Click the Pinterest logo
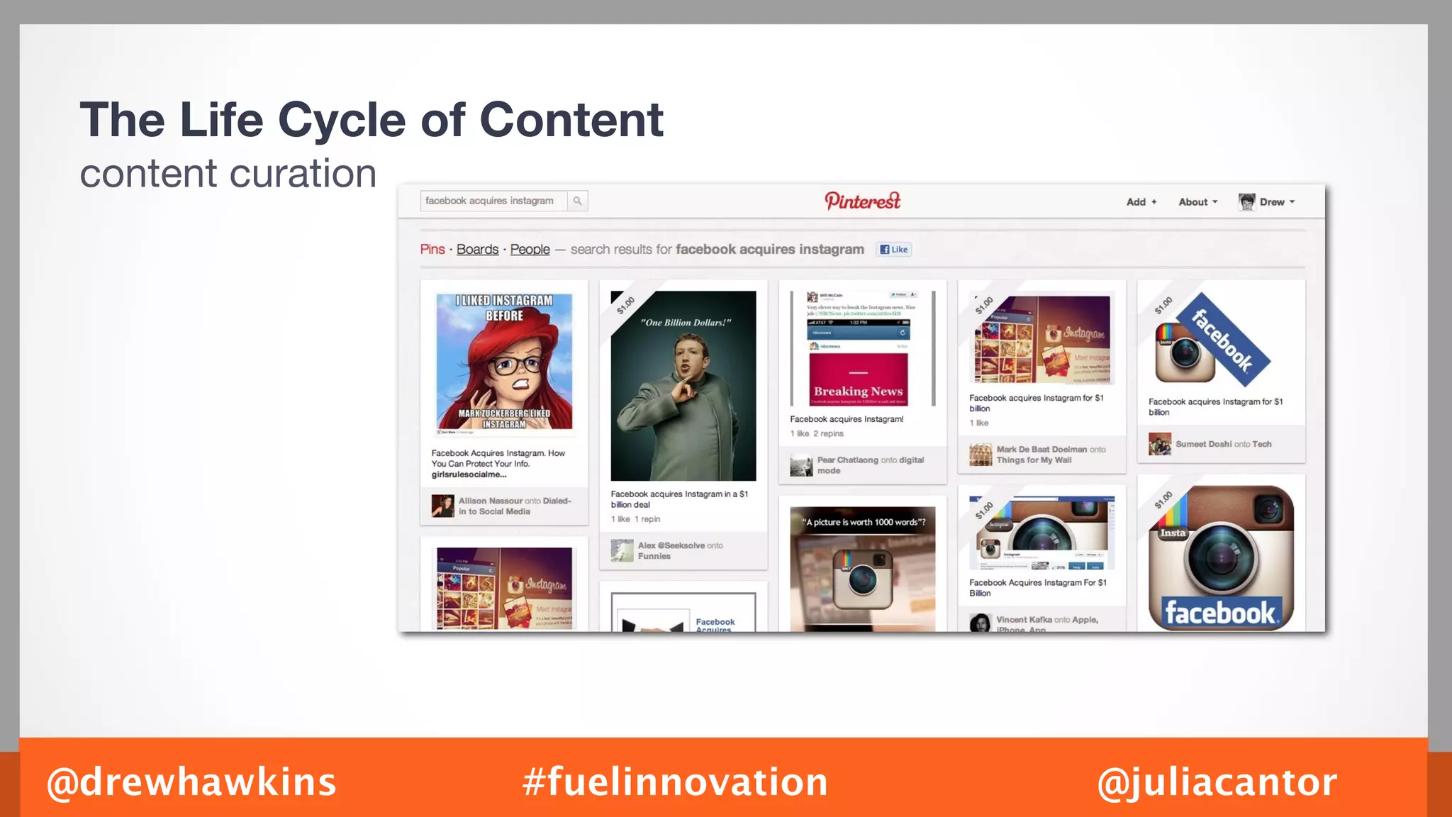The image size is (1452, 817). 862,201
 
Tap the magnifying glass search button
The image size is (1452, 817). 578,201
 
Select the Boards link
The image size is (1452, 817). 477,250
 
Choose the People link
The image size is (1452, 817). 530,250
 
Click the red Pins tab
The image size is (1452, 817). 432,250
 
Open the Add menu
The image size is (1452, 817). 1141,202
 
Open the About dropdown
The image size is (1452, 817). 1197,202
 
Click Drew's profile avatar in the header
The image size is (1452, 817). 1246,202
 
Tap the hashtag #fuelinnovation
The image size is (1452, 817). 675,782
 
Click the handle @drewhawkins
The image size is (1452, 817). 191,782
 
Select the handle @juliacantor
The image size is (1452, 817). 1217,782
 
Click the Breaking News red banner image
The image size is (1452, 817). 858,379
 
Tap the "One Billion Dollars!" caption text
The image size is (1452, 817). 686,323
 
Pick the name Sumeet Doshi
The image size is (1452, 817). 1203,444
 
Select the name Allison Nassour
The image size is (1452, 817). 490,501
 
